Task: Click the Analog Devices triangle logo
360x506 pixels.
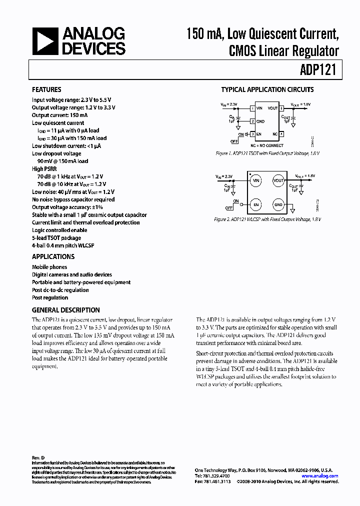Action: [44, 41]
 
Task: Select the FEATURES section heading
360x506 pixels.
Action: [46, 90]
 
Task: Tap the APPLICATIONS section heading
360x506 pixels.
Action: [53, 256]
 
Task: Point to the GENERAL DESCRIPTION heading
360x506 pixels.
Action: [65, 310]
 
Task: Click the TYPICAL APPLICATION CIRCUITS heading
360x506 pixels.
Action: [267, 90]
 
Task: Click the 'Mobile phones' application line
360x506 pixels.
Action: [49, 267]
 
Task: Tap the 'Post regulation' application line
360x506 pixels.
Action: [50, 297]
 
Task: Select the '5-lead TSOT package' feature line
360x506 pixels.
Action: [56, 238]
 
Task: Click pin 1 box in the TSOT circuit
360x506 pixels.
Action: [252, 107]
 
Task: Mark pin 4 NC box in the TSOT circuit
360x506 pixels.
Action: [281, 134]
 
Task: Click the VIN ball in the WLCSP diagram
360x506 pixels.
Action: [256, 180]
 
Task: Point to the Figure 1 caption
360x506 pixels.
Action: [266, 153]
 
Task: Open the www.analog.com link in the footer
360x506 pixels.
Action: [320, 476]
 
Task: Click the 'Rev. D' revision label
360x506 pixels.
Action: [38, 458]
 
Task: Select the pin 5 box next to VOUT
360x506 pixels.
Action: [281, 107]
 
